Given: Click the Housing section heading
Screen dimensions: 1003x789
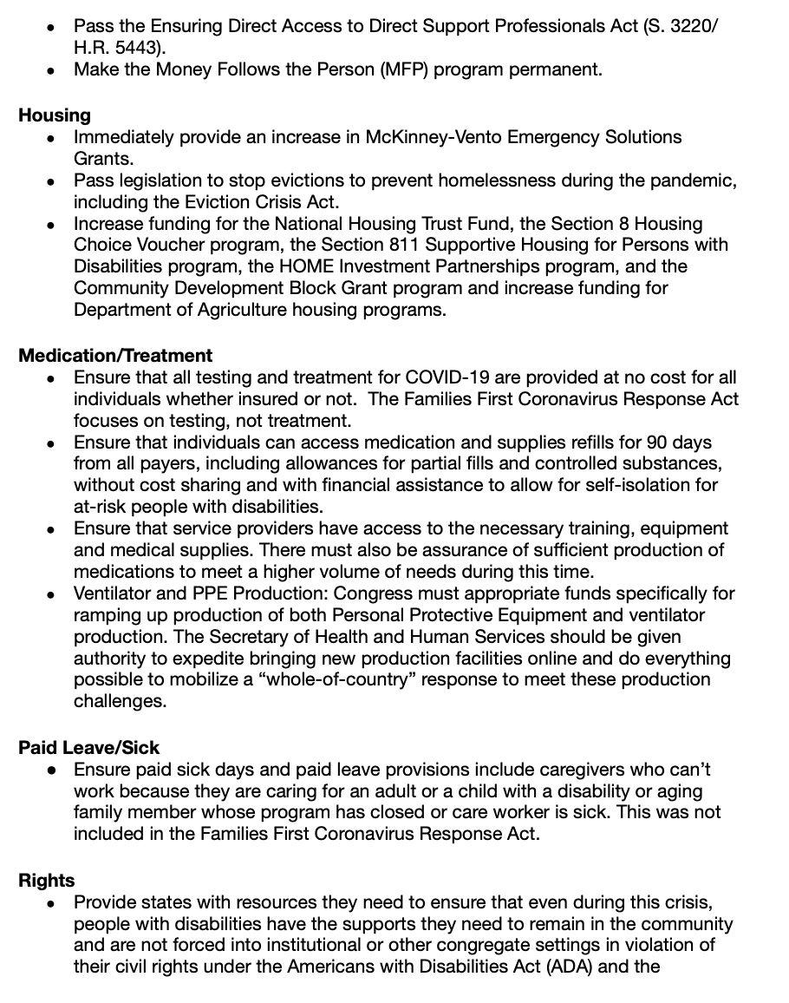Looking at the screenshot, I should point(54,115).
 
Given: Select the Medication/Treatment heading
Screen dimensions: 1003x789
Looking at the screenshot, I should point(115,356).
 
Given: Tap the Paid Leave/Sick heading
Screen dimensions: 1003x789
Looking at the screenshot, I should point(89,748).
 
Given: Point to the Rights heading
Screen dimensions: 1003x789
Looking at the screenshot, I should point(47,881).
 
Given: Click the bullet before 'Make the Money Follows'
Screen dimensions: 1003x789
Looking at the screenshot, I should point(53,70).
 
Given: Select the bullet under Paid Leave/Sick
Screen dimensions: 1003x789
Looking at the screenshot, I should point(53,770).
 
